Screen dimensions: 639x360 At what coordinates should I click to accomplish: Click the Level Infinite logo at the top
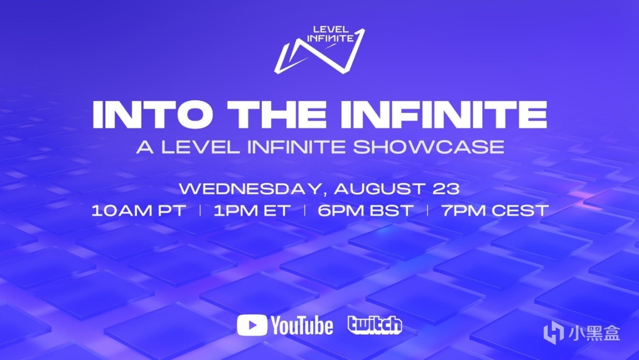coord(319,50)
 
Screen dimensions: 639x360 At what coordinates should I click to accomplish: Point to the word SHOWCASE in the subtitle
coord(429,147)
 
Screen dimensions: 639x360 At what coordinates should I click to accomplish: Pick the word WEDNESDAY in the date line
coord(253,189)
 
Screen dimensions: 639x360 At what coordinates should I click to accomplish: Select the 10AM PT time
coord(139,211)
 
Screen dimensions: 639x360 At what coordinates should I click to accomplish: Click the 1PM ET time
coord(252,211)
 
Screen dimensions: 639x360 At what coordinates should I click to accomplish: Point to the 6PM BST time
coord(365,211)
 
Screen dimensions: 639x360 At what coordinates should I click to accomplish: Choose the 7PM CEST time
coord(495,211)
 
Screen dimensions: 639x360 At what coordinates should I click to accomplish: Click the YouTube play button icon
coord(252,325)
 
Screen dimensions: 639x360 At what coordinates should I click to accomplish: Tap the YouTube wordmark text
coord(302,326)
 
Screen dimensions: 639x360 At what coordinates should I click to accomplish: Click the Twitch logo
coord(375,325)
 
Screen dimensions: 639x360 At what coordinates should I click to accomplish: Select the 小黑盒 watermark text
coord(594,333)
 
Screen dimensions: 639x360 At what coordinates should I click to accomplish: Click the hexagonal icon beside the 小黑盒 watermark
coord(553,332)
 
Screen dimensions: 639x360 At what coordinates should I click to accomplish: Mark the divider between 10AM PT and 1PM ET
coord(200,211)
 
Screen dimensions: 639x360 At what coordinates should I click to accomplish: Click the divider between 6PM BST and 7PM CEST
coord(427,211)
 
